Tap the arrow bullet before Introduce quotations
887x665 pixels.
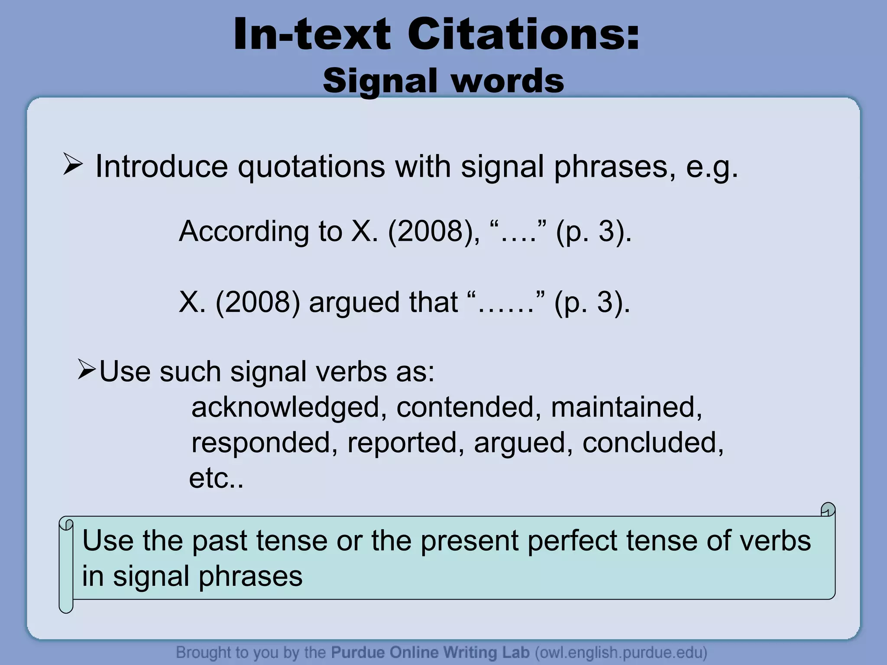pos(72,165)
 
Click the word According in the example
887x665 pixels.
pos(244,231)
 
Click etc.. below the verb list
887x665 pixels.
pos(216,478)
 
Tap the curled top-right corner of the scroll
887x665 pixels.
pos(828,510)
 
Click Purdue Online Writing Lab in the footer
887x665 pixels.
pos(430,652)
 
